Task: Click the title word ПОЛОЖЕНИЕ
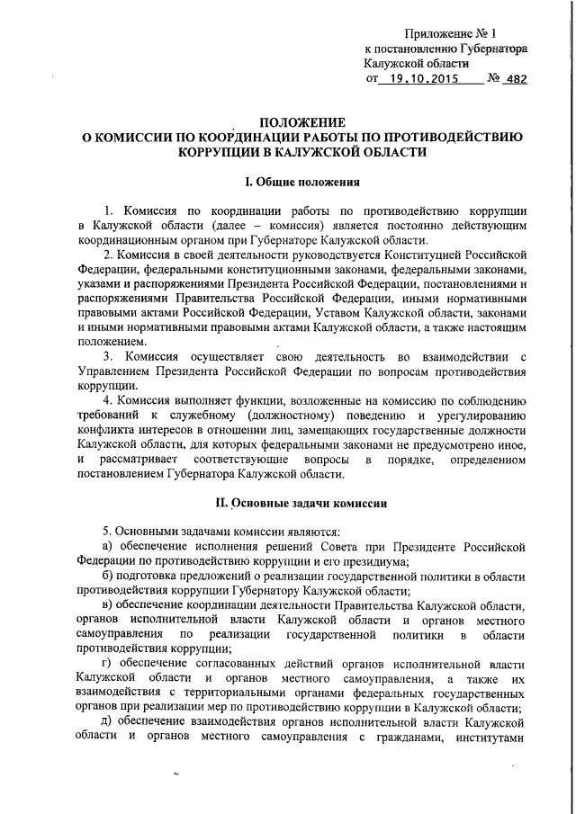[296, 122]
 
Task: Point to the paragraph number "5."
[106, 533]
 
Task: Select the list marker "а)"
[107, 548]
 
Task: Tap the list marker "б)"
[107, 577]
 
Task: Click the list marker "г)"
[107, 664]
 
